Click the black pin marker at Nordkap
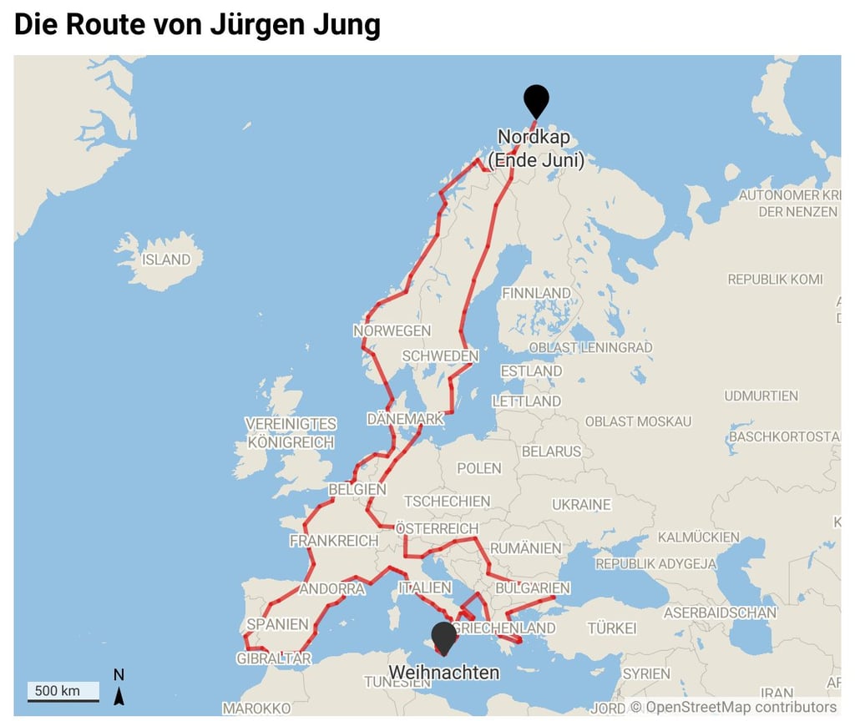point(536,100)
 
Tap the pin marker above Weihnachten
point(444,637)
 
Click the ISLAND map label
point(166,260)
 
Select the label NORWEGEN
point(392,330)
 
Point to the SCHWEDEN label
point(440,356)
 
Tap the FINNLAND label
point(536,293)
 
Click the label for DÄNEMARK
point(406,419)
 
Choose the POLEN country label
point(479,468)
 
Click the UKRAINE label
point(581,505)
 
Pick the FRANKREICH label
point(334,541)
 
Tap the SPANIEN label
point(277,624)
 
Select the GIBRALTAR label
point(274,658)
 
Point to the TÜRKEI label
point(611,628)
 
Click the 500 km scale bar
point(63,692)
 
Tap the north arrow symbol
point(119,687)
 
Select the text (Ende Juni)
point(535,160)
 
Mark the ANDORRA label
point(331,589)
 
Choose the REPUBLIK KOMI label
point(775,280)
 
